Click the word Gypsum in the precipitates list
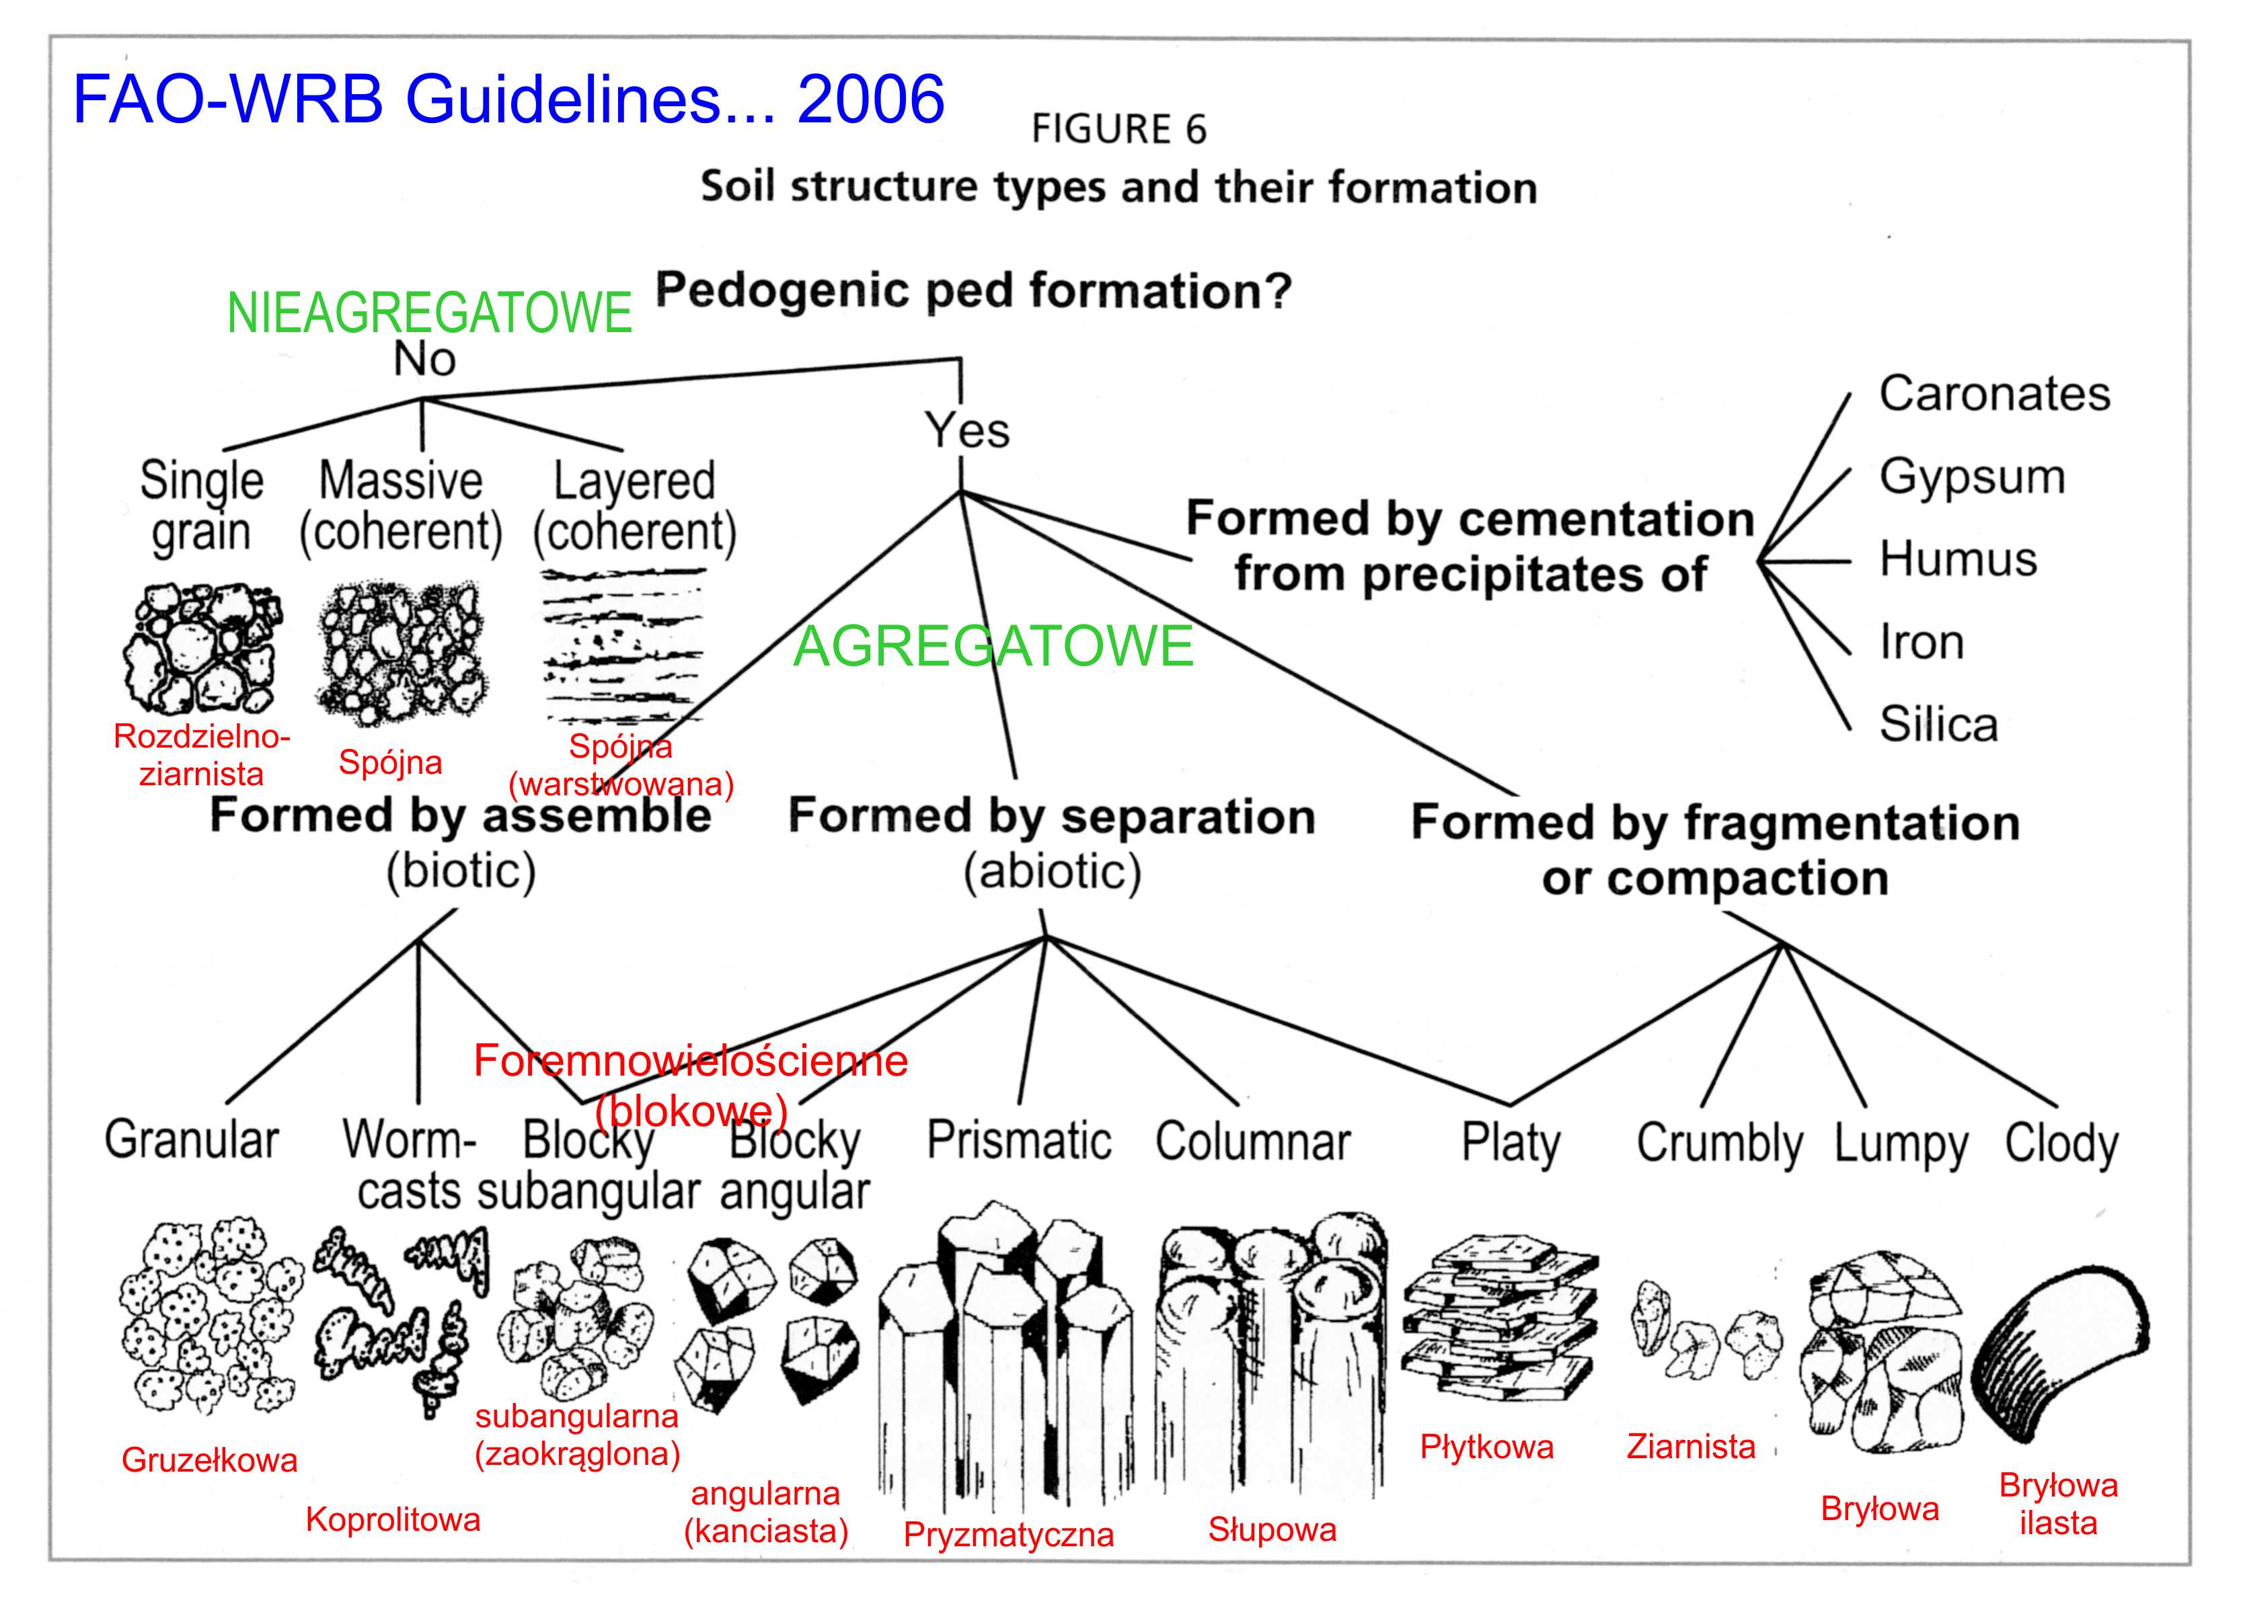[x=1971, y=478]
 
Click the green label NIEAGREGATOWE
[x=429, y=313]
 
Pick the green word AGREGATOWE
[x=993, y=647]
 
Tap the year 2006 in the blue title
[x=870, y=99]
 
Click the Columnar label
[x=1253, y=1142]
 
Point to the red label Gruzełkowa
[x=210, y=1460]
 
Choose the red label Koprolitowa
[x=393, y=1519]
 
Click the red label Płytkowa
[x=1486, y=1447]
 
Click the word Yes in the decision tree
[x=966, y=431]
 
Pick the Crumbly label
[x=1719, y=1144]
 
